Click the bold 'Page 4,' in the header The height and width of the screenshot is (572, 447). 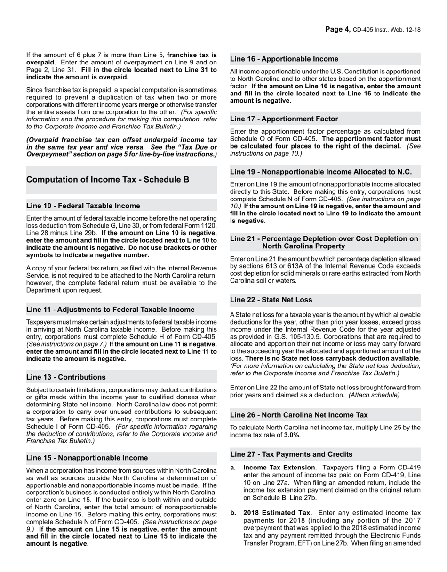(338, 29)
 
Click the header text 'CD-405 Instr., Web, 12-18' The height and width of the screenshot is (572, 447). (386, 30)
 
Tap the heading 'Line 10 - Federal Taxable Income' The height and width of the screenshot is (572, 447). (83, 206)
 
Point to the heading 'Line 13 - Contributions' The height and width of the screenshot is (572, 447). (66, 377)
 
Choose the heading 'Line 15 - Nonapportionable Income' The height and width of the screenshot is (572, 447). (87, 458)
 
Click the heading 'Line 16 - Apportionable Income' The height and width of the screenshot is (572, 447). (284, 59)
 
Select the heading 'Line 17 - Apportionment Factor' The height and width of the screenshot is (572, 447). (284, 119)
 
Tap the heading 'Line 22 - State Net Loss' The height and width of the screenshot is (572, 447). (271, 300)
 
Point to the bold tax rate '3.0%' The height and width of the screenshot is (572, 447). (291, 435)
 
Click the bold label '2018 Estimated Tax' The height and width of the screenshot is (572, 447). (277, 512)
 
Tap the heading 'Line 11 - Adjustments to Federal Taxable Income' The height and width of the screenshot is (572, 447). (111, 310)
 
